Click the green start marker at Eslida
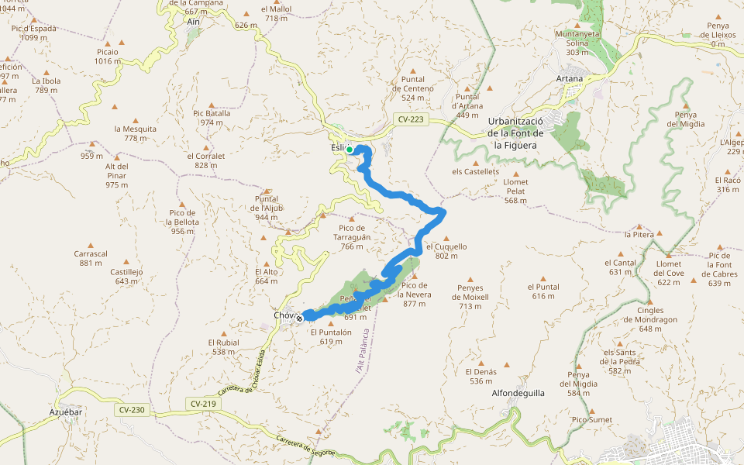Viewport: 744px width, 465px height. tap(350, 150)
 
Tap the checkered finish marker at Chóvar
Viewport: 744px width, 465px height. tap(299, 318)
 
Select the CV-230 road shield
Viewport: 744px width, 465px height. tap(132, 409)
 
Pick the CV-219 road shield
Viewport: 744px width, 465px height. tap(203, 404)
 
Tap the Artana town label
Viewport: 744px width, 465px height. tap(570, 79)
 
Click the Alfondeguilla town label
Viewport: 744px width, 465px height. tap(518, 393)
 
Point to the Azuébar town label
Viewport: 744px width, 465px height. tap(66, 412)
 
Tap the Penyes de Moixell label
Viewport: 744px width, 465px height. tap(470, 292)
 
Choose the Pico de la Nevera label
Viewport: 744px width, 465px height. tap(415, 289)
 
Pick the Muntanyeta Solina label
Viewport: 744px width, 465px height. tap(583, 38)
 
